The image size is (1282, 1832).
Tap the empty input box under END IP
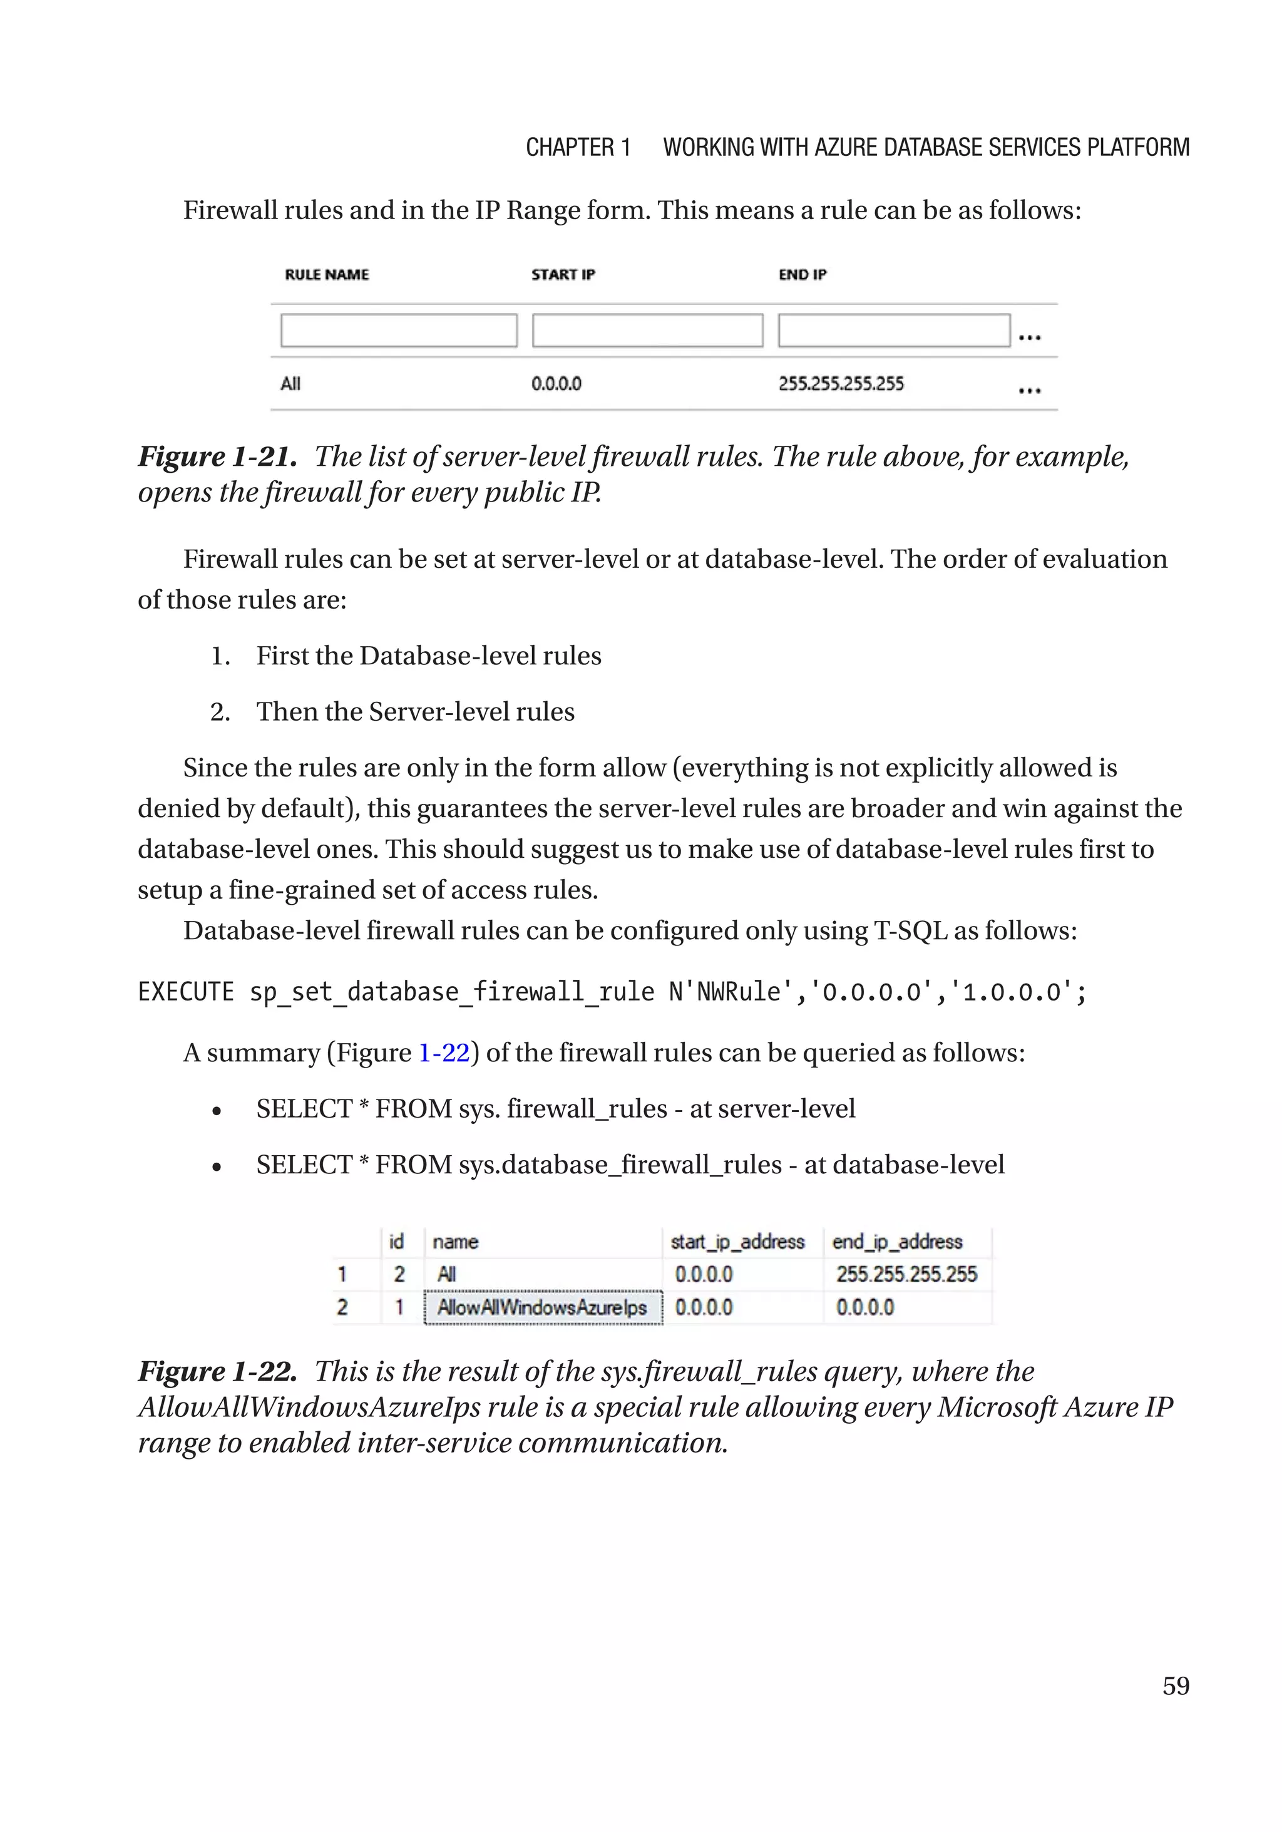893,331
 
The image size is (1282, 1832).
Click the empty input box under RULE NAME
398,331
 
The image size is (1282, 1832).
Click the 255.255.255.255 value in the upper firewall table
841,384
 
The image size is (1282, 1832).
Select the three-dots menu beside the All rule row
1029,390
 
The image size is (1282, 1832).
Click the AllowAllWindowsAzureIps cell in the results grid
543,1308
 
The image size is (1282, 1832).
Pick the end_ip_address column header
896,1242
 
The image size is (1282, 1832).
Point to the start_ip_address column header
737,1242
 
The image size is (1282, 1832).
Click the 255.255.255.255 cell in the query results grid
906,1274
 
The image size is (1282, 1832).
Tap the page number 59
1175,1685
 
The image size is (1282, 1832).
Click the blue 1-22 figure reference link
444,1052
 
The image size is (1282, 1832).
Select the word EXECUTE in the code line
186,992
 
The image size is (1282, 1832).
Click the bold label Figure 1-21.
217,456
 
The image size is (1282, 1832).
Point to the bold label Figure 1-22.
217,1371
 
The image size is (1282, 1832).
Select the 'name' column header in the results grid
454,1242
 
